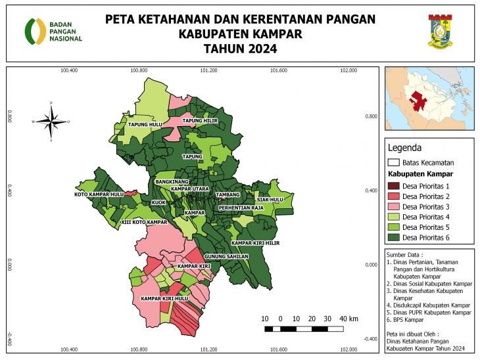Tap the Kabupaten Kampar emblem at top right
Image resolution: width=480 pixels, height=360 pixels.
439,31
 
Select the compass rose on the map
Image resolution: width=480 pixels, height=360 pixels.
51,122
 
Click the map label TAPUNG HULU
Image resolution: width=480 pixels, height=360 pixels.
145,124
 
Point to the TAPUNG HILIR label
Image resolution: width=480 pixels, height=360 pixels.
200,121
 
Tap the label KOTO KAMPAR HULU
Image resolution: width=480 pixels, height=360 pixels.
99,194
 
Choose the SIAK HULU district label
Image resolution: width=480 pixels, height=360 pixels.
270,199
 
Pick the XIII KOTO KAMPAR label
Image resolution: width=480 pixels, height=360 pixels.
145,223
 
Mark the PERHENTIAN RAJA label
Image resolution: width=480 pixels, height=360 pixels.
241,208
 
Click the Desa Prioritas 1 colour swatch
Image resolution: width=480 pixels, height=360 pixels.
393,187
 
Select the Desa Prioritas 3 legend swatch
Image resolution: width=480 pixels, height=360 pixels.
393,207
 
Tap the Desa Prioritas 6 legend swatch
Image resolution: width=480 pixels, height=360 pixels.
393,236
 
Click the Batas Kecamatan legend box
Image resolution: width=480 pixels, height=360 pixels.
393,162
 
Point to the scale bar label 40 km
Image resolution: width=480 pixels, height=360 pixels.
348,319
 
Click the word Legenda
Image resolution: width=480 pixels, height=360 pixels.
404,148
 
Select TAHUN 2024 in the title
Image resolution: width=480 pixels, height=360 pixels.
240,49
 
